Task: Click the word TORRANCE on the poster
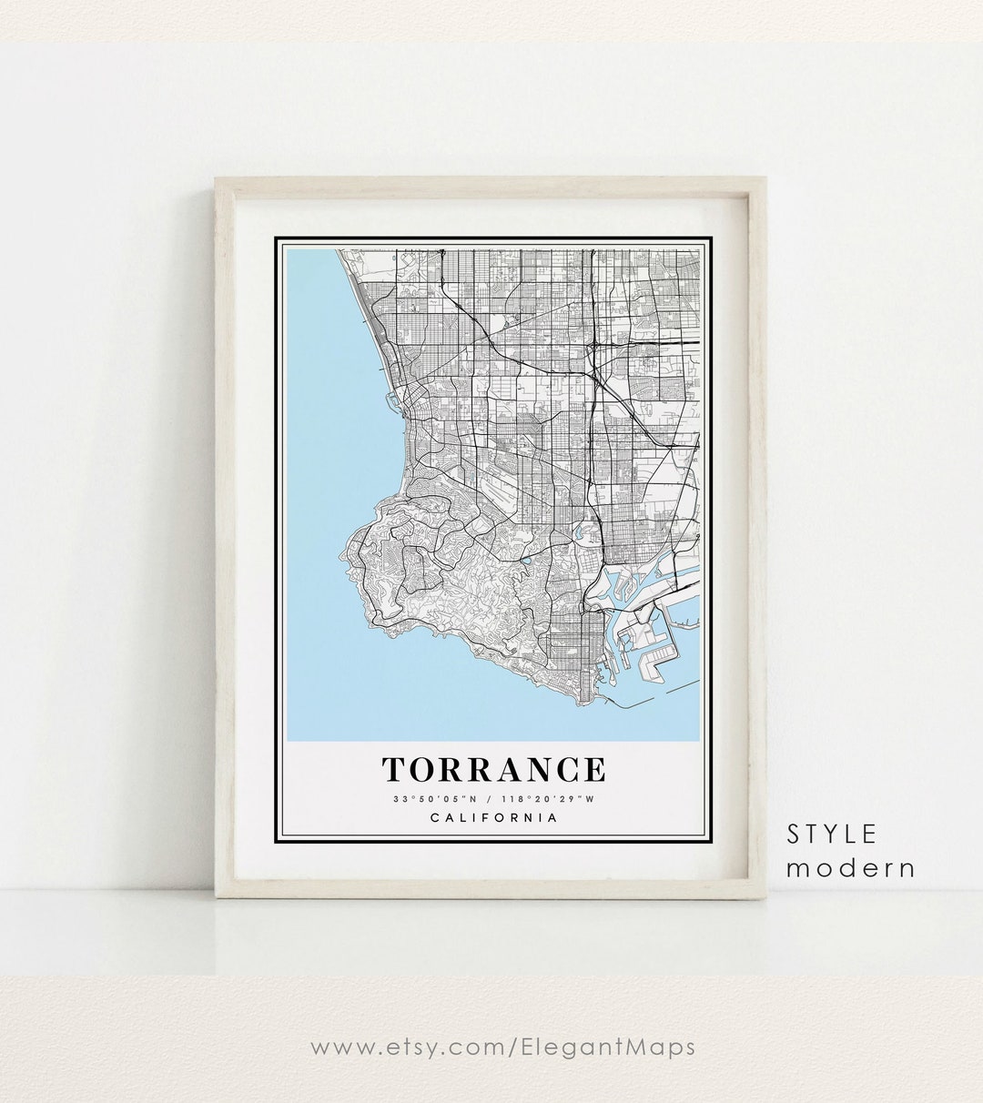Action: click(x=493, y=770)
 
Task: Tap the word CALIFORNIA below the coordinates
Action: click(x=493, y=817)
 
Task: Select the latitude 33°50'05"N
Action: click(x=432, y=799)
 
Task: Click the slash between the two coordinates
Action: click(x=489, y=799)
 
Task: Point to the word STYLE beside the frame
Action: click(x=832, y=834)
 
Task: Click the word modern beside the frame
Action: click(x=850, y=868)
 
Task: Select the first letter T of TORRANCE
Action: click(x=394, y=770)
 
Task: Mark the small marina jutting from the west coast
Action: click(x=391, y=398)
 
